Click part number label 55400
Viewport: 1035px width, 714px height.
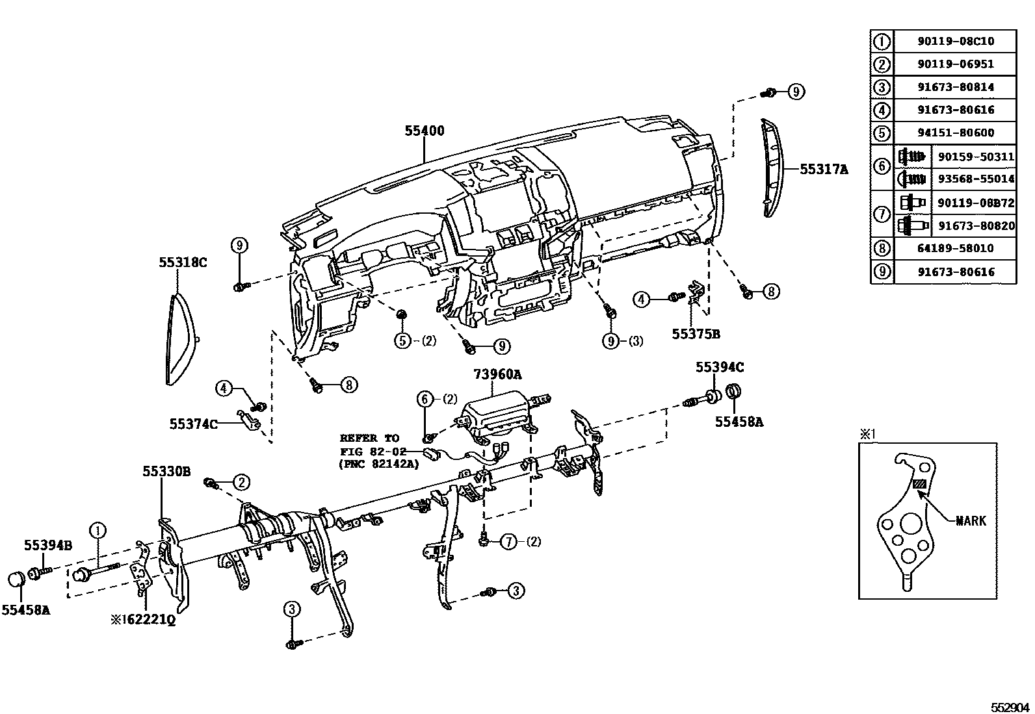click(x=424, y=131)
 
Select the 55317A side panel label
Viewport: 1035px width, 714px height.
click(x=824, y=170)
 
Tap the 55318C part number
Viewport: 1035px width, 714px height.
click(x=183, y=262)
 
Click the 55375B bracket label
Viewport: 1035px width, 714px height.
click(x=696, y=334)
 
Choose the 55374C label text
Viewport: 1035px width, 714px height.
click(x=193, y=424)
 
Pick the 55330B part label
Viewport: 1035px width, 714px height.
click(x=166, y=472)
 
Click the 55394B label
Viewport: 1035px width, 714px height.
click(x=48, y=545)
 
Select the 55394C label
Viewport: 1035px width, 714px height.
click(x=720, y=367)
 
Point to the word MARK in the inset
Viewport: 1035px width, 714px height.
click(x=971, y=520)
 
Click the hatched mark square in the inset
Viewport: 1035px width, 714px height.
click(x=919, y=484)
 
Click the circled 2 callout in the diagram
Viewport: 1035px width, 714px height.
click(x=241, y=482)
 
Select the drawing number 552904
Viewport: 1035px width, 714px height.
click(x=1010, y=707)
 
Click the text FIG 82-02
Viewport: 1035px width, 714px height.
click(x=373, y=452)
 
